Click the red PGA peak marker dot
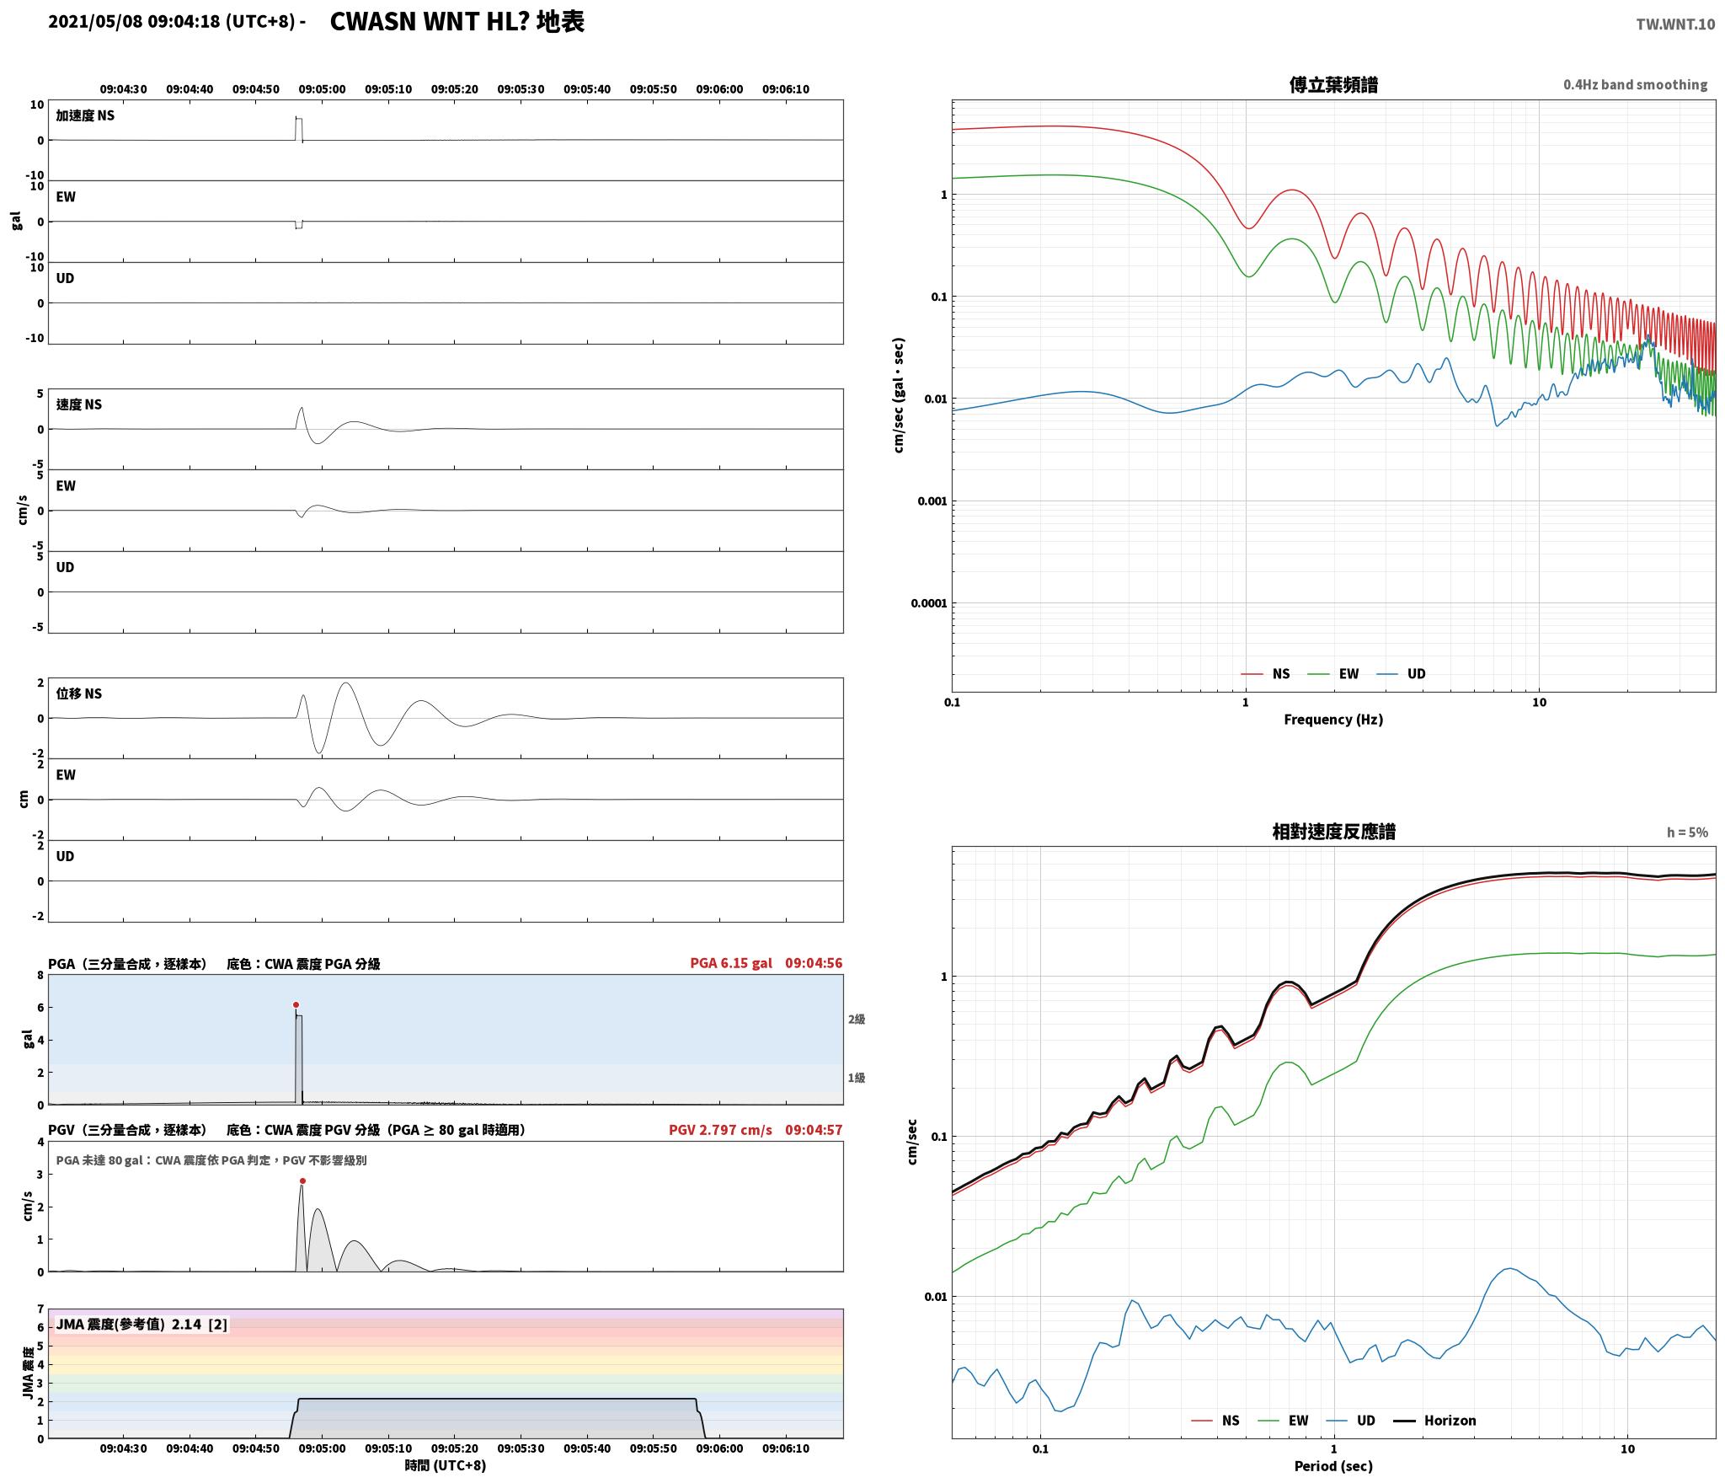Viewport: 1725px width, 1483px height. (296, 1004)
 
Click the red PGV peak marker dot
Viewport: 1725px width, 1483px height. (302, 1181)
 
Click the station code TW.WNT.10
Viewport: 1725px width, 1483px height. (1675, 24)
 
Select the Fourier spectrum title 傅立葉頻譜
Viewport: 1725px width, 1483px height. (1333, 85)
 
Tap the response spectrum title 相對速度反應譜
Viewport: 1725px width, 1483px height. (1333, 832)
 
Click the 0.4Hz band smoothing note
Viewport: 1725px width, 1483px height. (1635, 85)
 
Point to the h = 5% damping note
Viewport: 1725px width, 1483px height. (1687, 833)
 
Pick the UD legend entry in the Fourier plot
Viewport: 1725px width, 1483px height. (1401, 674)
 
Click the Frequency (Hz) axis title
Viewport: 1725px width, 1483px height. (1333, 720)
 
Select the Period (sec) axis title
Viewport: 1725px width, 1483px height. (1333, 1466)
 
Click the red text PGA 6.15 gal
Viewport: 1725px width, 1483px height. (731, 963)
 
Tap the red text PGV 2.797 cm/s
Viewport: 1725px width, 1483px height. (720, 1130)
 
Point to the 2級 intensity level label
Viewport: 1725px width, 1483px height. (857, 1020)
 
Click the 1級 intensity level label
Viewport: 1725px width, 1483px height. (857, 1078)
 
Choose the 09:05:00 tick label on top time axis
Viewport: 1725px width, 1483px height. (322, 89)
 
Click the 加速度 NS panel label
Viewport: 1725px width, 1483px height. (85, 115)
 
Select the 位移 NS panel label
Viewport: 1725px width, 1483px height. (79, 693)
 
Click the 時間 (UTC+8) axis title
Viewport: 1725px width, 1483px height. (446, 1465)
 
